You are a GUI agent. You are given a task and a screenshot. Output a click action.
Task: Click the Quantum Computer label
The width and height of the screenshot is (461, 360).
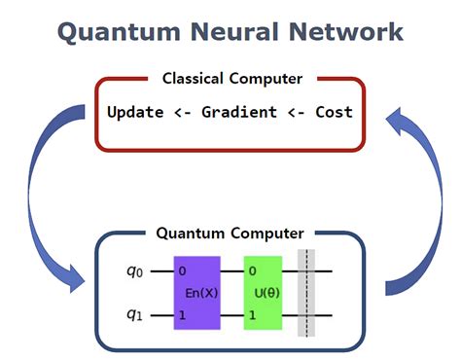coord(230,234)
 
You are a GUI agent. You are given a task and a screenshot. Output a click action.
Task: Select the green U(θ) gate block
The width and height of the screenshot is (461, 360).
coord(263,293)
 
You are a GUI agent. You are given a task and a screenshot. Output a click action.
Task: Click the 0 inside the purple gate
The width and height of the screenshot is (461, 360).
coord(182,270)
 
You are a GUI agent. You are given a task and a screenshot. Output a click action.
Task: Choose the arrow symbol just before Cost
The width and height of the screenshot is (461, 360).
coord(294,112)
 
